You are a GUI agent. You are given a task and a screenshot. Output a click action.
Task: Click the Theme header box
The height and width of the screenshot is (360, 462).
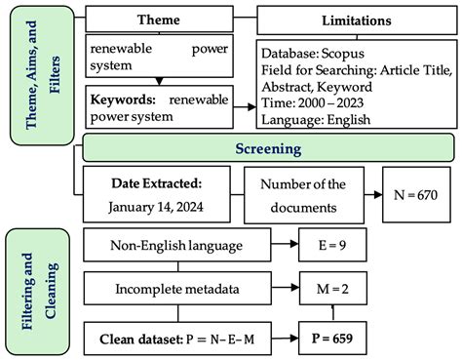[158, 19]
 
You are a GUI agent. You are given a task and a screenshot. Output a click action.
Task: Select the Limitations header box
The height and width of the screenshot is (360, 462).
[356, 19]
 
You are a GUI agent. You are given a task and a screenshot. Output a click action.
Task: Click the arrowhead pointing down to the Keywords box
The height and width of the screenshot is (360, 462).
[159, 79]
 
